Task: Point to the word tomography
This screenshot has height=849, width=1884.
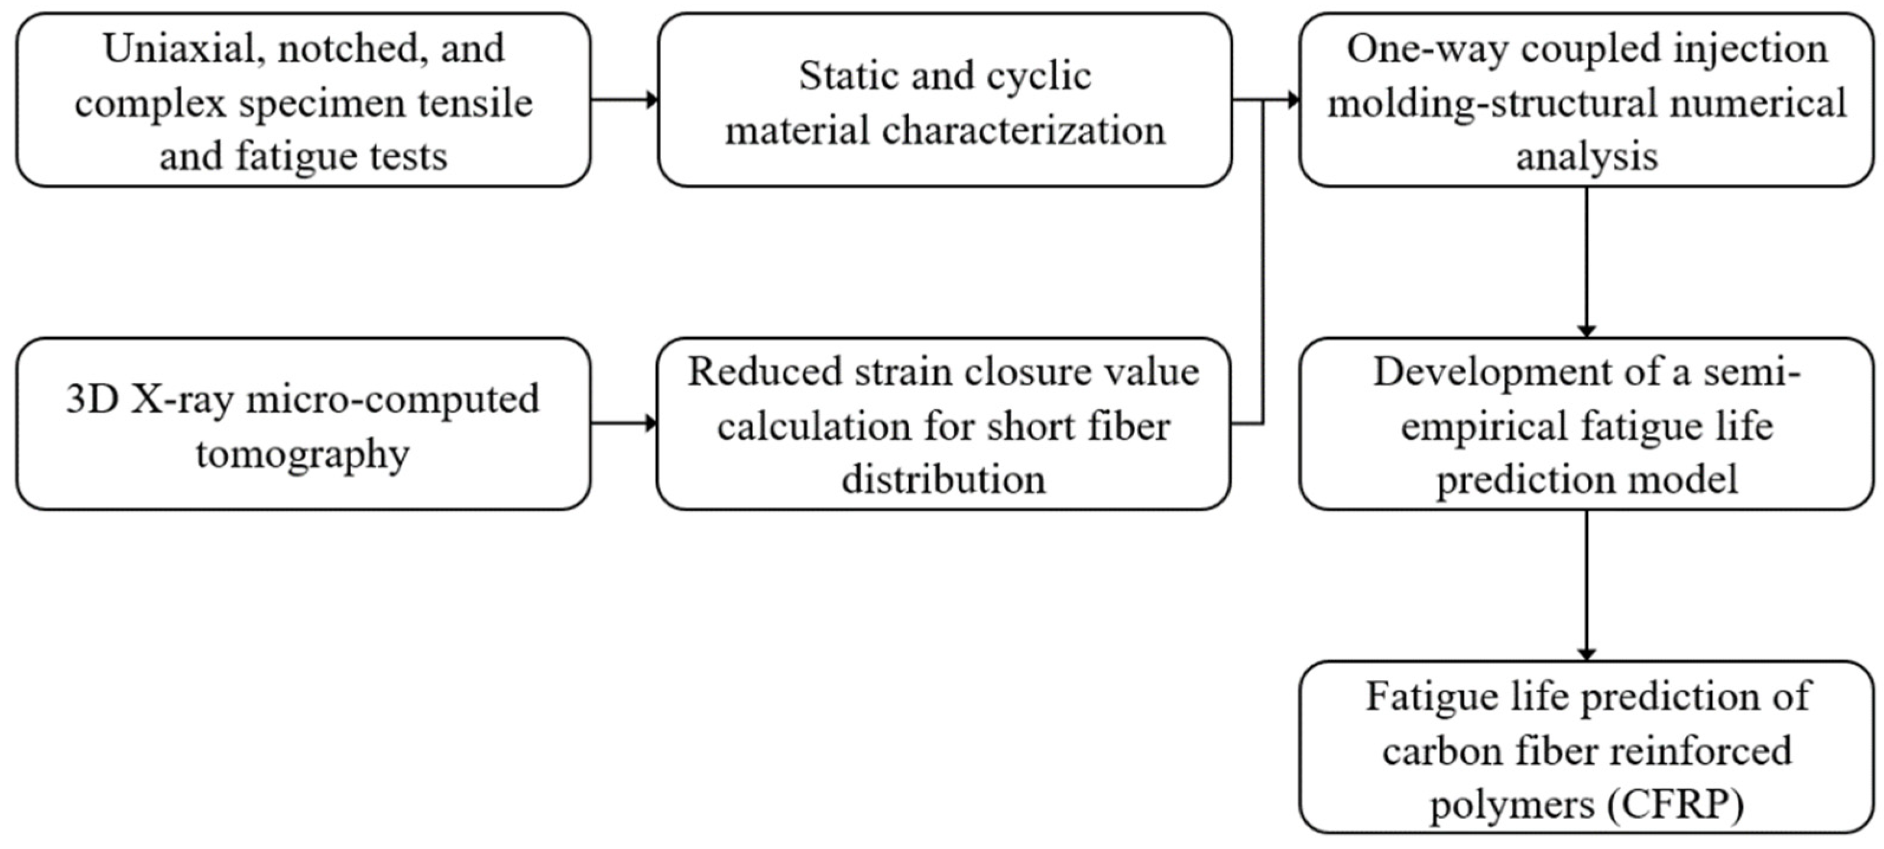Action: click(x=302, y=454)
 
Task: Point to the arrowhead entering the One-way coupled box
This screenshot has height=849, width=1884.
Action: click(x=1292, y=99)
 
